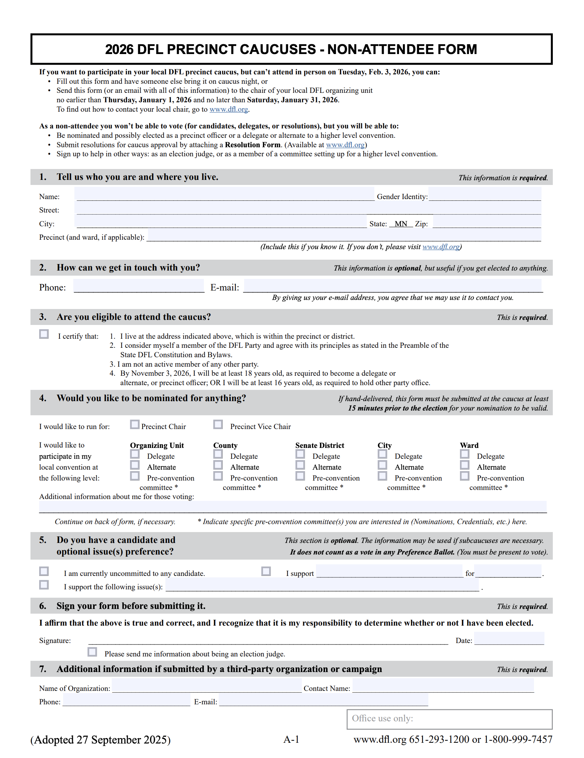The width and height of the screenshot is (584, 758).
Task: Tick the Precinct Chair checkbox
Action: coord(135,425)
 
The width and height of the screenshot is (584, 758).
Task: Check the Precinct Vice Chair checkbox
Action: coord(218,425)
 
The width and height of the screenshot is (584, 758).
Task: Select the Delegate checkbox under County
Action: coord(218,454)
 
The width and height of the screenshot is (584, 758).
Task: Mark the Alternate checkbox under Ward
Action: coord(465,465)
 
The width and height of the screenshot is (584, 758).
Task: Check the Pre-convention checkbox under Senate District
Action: coord(300,476)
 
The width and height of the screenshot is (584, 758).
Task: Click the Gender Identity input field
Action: coord(485,194)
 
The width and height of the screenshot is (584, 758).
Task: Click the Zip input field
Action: coord(487,221)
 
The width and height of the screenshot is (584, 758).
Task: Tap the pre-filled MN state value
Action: coord(401,224)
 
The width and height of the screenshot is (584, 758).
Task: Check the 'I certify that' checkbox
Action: coord(44,334)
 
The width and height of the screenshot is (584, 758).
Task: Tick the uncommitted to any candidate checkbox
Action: coord(44,572)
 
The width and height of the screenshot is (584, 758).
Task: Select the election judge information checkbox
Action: coord(92,652)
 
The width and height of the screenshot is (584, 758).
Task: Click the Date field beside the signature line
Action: coord(509,638)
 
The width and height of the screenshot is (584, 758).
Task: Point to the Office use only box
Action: coord(449,719)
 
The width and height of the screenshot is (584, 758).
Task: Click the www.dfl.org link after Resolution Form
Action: coord(345,145)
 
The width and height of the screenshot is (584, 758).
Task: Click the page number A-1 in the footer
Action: coord(291,740)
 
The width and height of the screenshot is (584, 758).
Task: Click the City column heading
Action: coord(384,445)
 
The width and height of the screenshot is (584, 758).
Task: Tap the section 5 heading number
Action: coord(43,540)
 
